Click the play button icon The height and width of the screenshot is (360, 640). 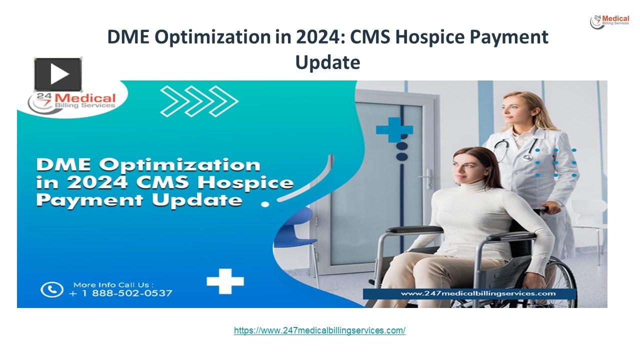tap(57, 74)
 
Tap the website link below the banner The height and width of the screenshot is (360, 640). tap(319, 330)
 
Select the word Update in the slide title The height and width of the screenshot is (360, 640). tap(327, 62)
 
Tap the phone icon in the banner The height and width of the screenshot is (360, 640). tap(52, 289)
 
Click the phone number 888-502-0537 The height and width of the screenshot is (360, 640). tap(125, 293)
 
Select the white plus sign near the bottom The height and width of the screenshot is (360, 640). tap(225, 281)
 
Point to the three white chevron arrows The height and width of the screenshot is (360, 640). tap(198, 100)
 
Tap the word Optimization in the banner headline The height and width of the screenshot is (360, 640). tap(190, 165)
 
